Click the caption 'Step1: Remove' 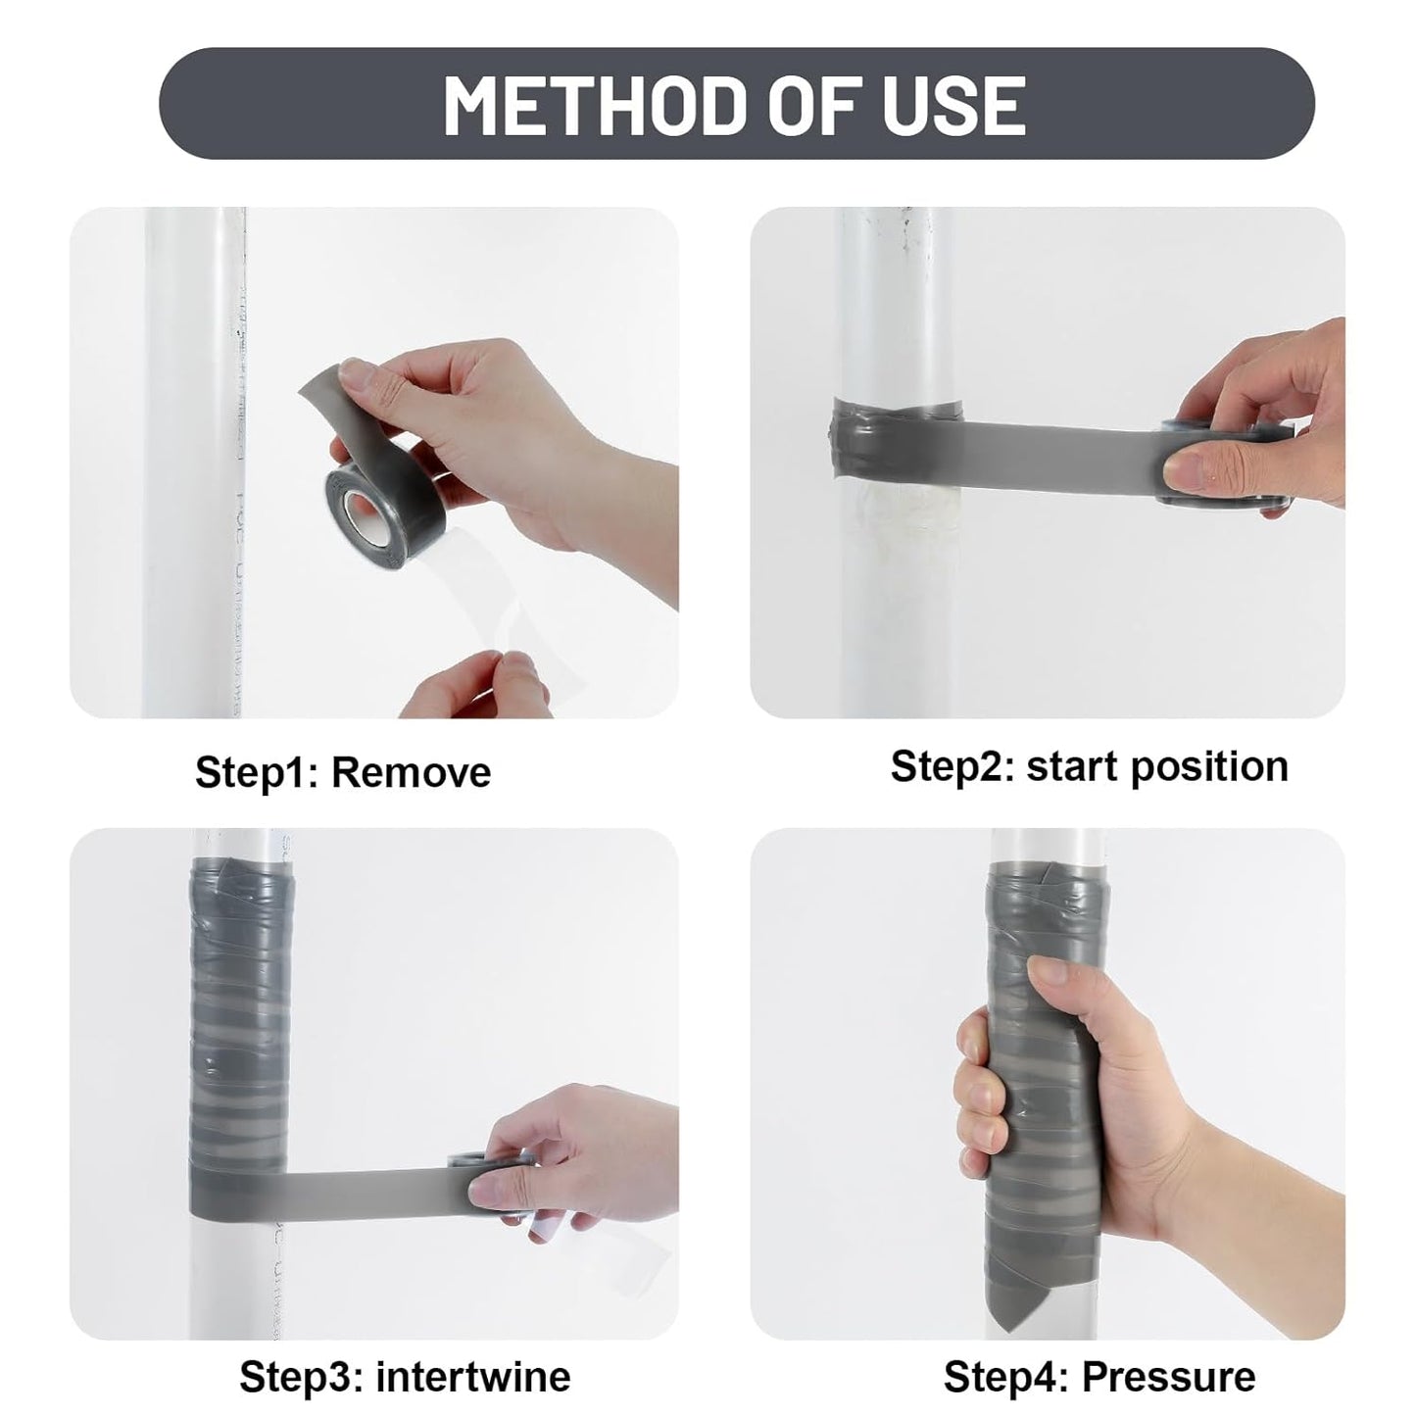pyautogui.click(x=342, y=772)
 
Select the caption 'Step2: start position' pyautogui.click(x=1089, y=766)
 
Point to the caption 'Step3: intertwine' pyautogui.click(x=405, y=1376)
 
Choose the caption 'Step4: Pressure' pyautogui.click(x=1099, y=1376)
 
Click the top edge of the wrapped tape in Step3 pyautogui.click(x=239, y=863)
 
